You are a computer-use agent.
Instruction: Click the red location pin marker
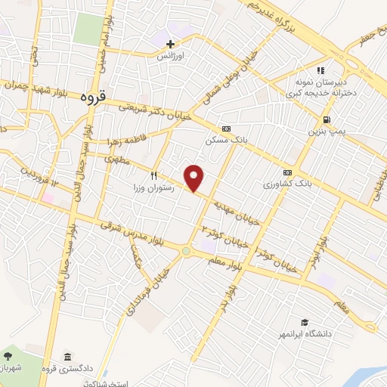(x=195, y=178)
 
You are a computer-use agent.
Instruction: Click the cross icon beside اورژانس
(x=171, y=45)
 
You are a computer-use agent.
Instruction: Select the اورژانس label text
(x=171, y=56)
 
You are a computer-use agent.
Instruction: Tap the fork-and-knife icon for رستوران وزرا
(x=153, y=174)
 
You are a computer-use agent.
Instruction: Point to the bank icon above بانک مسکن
(x=225, y=128)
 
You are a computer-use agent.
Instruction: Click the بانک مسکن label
(x=225, y=141)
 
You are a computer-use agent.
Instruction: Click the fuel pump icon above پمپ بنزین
(x=326, y=119)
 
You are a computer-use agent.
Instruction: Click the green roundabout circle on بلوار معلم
(x=185, y=250)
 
